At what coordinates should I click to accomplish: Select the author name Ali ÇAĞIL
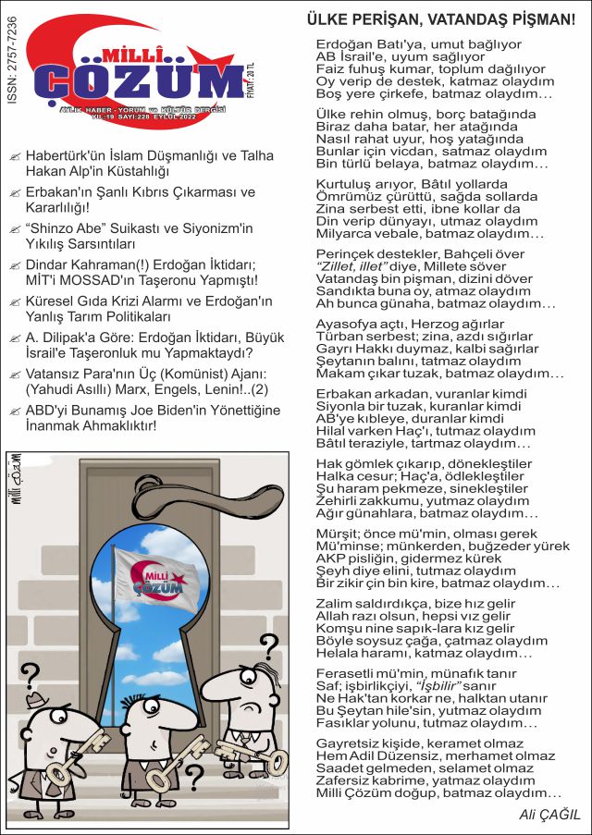(x=549, y=815)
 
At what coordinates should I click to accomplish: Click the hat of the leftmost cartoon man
(x=38, y=700)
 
